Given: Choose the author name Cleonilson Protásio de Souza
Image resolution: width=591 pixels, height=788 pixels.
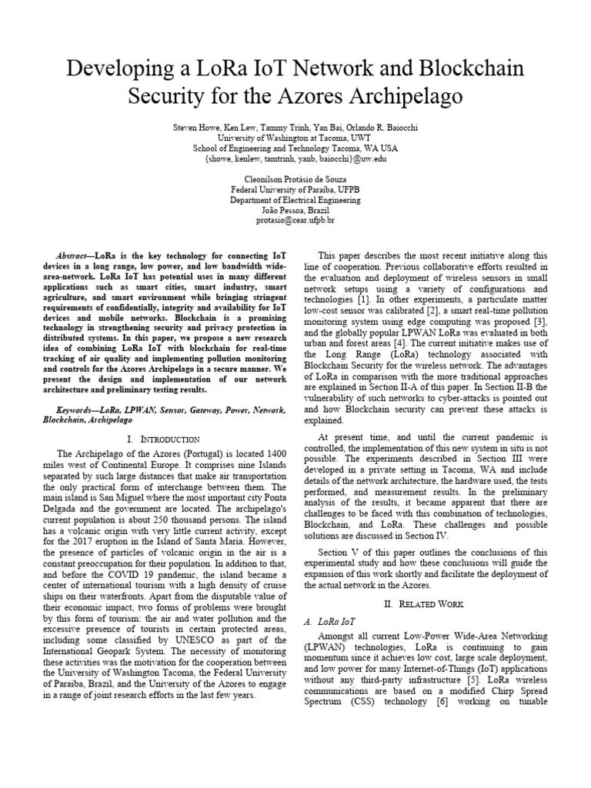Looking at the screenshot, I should click(x=295, y=177).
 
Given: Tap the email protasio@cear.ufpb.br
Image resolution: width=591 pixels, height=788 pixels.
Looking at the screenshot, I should click(x=295, y=220).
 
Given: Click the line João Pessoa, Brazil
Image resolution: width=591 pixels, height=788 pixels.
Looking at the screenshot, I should click(x=295, y=209).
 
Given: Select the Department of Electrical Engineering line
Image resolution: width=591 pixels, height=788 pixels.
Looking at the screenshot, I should click(x=295, y=199).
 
